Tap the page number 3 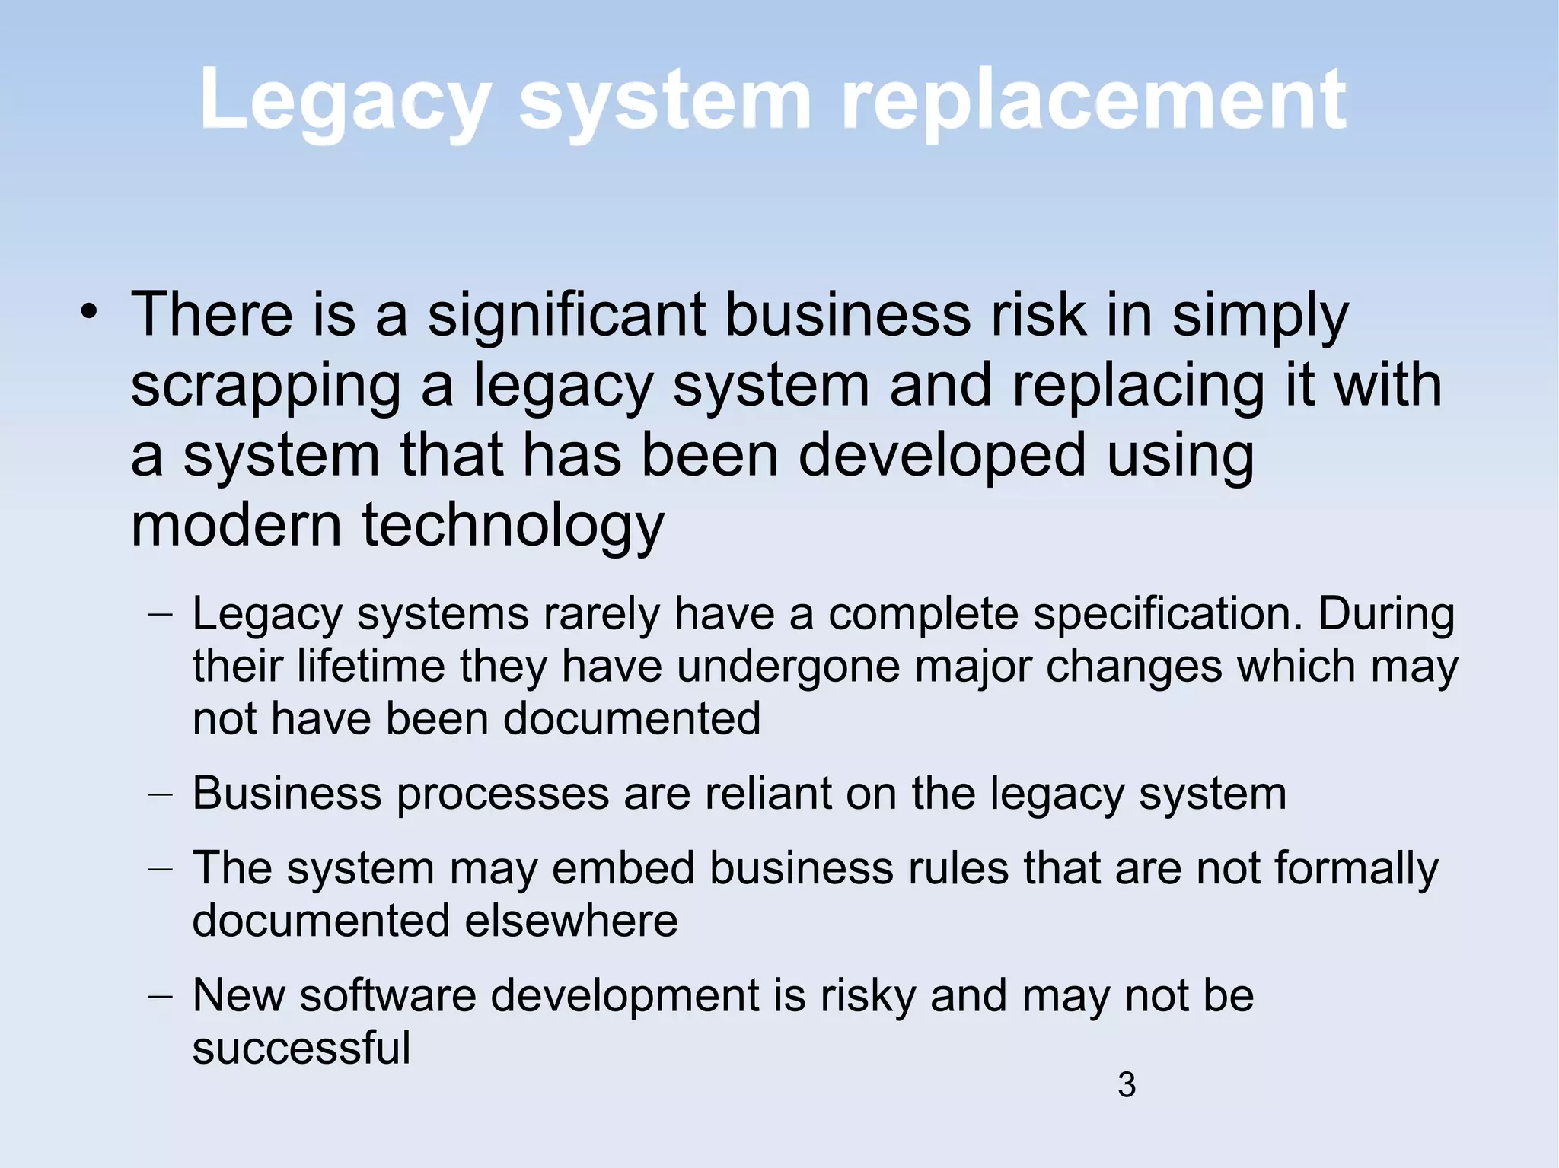click(x=1127, y=1085)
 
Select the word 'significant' click(x=566, y=315)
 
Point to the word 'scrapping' click(x=266, y=387)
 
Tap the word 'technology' click(x=513, y=527)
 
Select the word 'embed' click(x=623, y=868)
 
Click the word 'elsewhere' click(x=571, y=921)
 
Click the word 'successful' click(x=301, y=1048)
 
